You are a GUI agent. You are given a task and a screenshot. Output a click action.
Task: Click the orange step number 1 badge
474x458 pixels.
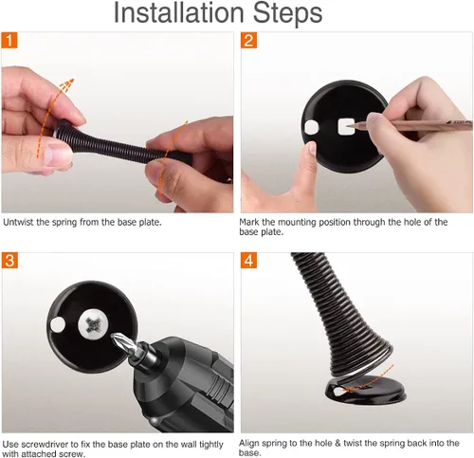[x=9, y=40]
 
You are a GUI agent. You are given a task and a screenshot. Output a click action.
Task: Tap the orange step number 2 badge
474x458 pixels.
[x=248, y=40]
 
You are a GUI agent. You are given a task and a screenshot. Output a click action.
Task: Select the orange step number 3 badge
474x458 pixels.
[x=9, y=261]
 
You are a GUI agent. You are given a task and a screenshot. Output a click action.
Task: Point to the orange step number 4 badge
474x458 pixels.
[x=248, y=261]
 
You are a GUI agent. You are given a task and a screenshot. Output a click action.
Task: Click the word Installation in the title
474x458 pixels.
[x=178, y=12]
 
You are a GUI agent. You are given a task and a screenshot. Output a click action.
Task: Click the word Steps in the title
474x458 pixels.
[x=287, y=14]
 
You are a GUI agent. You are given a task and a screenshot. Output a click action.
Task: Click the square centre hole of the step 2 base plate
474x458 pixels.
[x=345, y=126]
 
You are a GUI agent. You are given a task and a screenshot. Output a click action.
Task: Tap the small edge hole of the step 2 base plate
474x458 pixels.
[x=312, y=127]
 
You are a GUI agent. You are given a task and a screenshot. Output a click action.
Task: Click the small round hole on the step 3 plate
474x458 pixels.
[x=58, y=325]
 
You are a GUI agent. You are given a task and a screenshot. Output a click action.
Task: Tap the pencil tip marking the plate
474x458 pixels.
[x=349, y=126]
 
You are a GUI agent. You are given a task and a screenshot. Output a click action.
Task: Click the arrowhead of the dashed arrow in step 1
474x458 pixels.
[x=67, y=84]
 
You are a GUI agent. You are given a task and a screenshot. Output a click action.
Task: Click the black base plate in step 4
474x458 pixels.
[x=366, y=391]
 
